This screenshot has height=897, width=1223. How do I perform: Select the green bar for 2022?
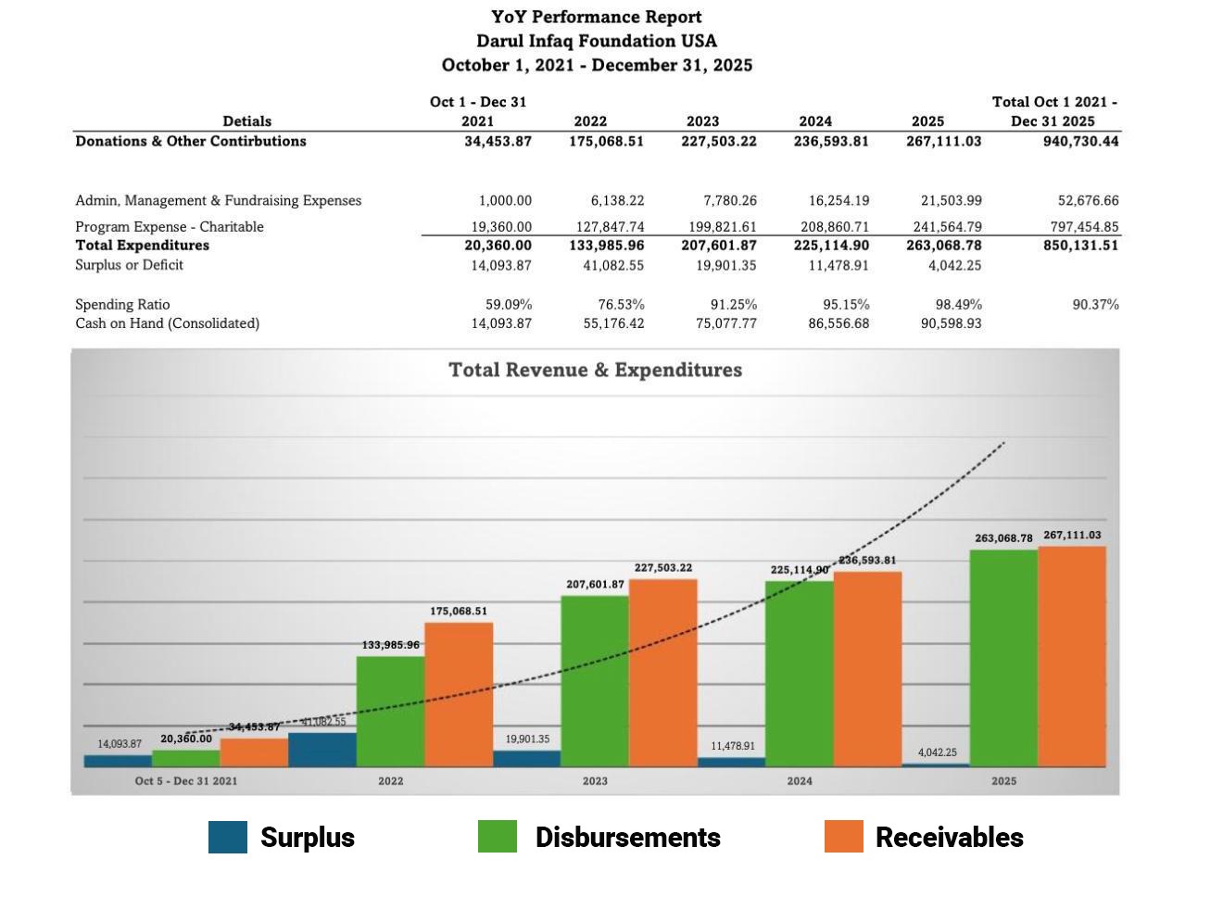[390, 711]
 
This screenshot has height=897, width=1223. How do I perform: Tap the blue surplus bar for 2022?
[322, 750]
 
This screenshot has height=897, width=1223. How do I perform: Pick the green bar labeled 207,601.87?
[595, 680]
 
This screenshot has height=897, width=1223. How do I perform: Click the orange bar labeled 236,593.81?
[867, 669]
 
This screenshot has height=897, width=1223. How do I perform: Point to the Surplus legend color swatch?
[228, 837]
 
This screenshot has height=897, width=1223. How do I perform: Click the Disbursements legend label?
[627, 838]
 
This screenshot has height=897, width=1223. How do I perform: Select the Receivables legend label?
[949, 838]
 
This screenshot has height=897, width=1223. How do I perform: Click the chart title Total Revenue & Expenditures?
[595, 370]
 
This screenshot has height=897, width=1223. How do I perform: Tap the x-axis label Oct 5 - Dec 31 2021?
[185, 781]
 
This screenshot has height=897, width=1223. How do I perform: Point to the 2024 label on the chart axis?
[800, 781]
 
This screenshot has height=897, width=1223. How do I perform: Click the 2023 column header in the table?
[702, 121]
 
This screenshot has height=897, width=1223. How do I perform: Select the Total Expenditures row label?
[142, 246]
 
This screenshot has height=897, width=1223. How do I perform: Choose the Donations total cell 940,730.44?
[1080, 142]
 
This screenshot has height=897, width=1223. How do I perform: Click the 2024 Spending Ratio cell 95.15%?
[846, 305]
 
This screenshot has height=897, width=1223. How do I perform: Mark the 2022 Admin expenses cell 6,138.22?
[617, 201]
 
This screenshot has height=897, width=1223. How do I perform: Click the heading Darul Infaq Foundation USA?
[596, 41]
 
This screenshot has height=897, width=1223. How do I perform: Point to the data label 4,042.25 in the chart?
[938, 752]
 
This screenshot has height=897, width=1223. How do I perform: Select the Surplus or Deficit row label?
[129, 265]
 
